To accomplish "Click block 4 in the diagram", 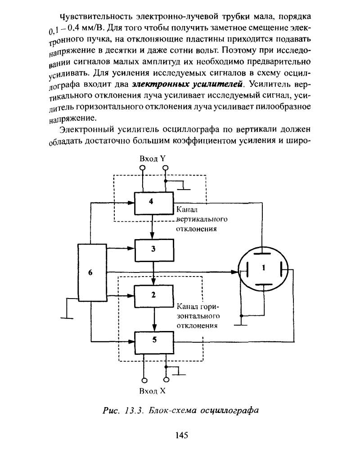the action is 154,203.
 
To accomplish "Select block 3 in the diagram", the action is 154,250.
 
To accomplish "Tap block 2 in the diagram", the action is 154,296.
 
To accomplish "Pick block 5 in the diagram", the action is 154,343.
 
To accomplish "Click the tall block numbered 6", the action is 92,272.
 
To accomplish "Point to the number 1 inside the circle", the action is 263,268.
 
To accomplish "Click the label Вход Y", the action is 153,159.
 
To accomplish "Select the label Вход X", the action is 152,391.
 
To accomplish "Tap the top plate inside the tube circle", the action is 263,254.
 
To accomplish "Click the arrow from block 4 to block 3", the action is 153,227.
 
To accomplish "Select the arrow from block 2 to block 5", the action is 154,319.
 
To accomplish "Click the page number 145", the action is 182,435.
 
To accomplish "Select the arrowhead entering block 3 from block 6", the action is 131,248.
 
